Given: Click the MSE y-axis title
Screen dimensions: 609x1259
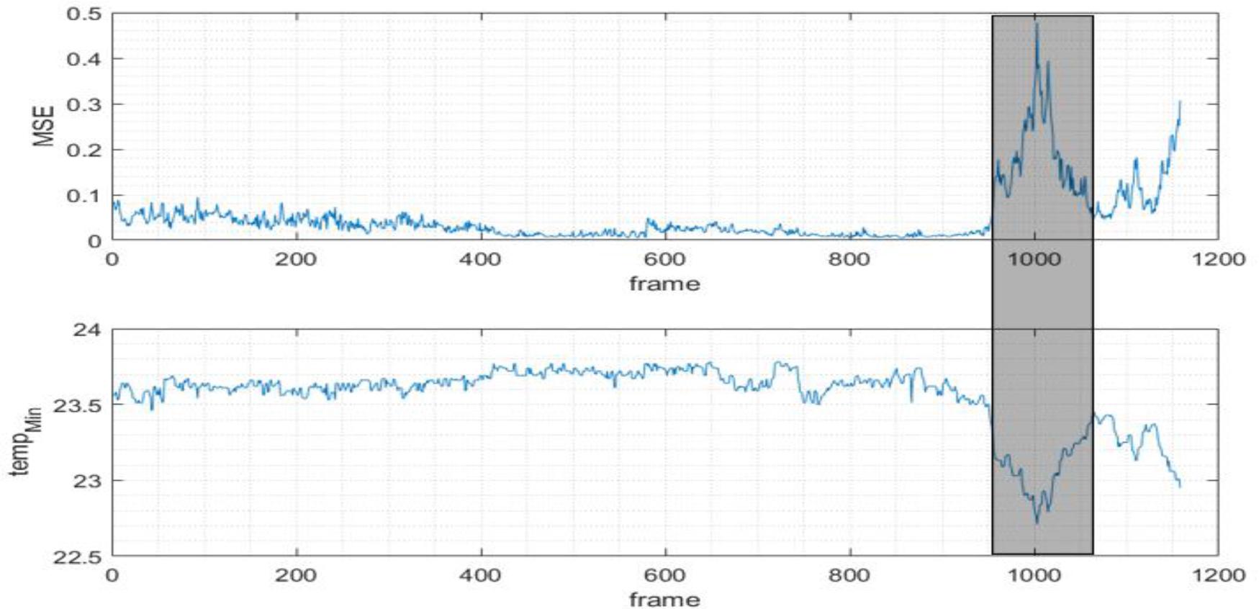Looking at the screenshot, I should pyautogui.click(x=45, y=126).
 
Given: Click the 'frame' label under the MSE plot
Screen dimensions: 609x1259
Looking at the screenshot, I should pyautogui.click(x=664, y=284).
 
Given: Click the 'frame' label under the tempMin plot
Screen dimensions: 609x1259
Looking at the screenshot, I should pyautogui.click(x=664, y=600).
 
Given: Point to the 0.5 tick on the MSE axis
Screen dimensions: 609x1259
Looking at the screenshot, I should pyautogui.click(x=84, y=14).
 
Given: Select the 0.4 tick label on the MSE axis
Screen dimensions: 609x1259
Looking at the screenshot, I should pyautogui.click(x=84, y=59).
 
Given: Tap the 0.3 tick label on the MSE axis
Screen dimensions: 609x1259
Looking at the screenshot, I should pyautogui.click(x=84, y=104).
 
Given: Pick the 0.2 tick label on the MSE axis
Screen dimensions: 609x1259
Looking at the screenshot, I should pyautogui.click(x=84, y=150).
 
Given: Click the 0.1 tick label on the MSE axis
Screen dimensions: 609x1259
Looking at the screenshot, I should pyautogui.click(x=84, y=195).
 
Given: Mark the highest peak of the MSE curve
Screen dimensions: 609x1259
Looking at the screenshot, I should pyautogui.click(x=1037, y=24).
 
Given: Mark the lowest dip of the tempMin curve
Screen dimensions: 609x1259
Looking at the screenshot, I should pyautogui.click(x=1037, y=523).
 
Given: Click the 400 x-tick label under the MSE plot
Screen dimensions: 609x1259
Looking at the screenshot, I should pyautogui.click(x=480, y=258).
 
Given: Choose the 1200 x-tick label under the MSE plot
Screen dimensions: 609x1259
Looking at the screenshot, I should pyautogui.click(x=1218, y=258).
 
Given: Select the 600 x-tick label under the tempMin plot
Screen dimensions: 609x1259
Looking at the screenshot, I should pyautogui.click(x=664, y=574).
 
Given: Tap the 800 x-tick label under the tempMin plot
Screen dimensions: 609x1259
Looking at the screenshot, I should pyautogui.click(x=849, y=574).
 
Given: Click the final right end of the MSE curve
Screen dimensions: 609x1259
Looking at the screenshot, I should pyautogui.click(x=1180, y=102).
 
